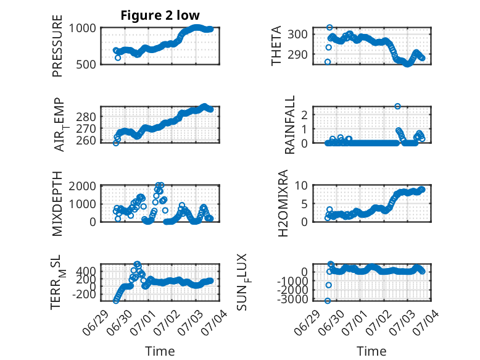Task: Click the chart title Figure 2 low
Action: point(160,15)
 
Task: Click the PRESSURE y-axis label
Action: point(57,46)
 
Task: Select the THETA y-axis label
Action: point(276,46)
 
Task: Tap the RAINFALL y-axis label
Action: point(289,125)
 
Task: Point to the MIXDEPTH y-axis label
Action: point(57,204)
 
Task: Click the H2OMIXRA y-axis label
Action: point(283,203)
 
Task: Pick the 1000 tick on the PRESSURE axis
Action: point(82,28)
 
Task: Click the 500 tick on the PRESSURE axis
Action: point(86,64)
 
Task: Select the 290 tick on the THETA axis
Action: point(297,54)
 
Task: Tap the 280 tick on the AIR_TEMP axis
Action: point(86,117)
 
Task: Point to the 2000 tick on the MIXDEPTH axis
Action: point(82,186)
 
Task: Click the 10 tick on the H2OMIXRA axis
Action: point(301,185)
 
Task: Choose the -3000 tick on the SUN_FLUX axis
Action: point(292,299)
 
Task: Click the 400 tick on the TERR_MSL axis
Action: point(86,271)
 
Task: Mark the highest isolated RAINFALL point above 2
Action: point(397,106)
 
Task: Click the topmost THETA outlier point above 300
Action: point(329,28)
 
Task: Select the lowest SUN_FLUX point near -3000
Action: point(328,301)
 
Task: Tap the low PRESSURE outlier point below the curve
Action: point(118,57)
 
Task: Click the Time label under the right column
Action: point(371,351)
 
